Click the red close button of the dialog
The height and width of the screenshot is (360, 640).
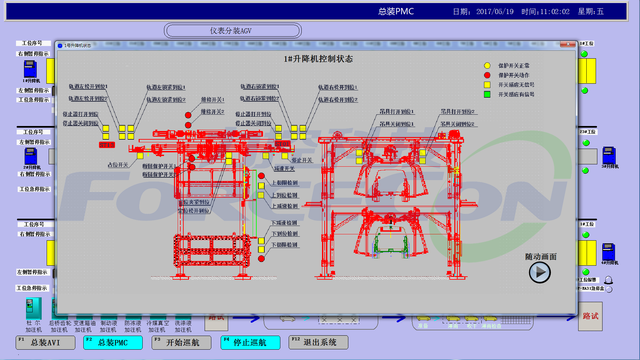pos(568,44)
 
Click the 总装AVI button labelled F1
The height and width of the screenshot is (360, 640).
pos(46,342)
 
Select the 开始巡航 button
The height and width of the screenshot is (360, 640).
pos(181,342)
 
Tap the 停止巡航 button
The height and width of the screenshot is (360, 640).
pos(250,342)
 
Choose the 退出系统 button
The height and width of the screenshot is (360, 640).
pos(318,342)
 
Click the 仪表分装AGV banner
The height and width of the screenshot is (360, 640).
pos(233,31)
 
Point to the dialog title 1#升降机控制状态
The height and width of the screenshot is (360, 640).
pos(318,59)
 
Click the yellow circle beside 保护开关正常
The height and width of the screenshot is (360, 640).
pos(487,66)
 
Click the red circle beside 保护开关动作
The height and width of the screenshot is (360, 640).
pos(487,75)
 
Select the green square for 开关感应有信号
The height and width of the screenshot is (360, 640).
pos(487,94)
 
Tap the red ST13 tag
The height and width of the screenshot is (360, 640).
pos(107,145)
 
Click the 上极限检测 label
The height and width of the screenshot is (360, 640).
pos(284,183)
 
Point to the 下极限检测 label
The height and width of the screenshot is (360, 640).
pos(284,245)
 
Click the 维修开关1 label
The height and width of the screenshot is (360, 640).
pos(212,100)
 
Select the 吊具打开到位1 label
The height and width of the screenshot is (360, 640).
pos(397,112)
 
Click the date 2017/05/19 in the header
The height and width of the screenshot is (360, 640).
pos(495,12)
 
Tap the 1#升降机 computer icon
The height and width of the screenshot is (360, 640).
pos(30,69)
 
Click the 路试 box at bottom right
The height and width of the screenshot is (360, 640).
pos(590,316)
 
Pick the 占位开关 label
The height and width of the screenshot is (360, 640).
pos(118,165)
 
